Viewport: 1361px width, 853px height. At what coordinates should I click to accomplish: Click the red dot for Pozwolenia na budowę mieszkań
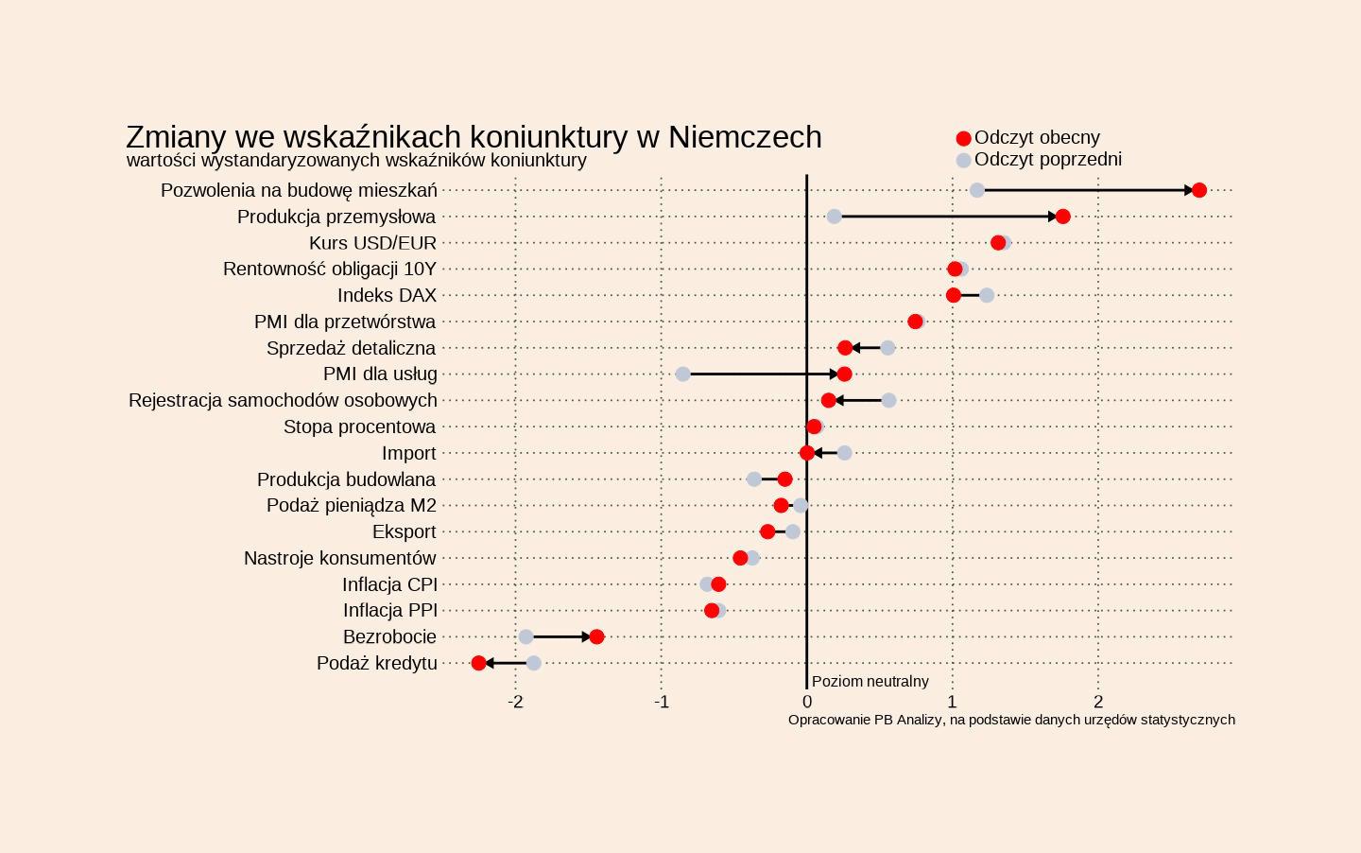(x=1198, y=190)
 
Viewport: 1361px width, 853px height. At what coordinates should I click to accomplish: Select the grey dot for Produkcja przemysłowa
(x=834, y=217)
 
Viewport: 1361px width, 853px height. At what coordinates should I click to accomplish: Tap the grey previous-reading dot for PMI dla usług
(x=682, y=374)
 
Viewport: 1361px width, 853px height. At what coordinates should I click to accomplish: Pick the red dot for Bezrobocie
(x=596, y=636)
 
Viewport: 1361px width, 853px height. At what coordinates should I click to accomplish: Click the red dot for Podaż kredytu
(x=478, y=663)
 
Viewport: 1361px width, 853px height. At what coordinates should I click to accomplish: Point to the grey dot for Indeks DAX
(x=987, y=295)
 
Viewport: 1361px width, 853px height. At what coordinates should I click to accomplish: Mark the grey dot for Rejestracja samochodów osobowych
(x=888, y=400)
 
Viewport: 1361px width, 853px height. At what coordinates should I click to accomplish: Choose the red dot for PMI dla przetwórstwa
(x=915, y=322)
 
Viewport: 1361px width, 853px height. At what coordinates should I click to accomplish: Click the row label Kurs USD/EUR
(x=372, y=243)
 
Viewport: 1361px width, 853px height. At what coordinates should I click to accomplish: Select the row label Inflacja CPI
(x=389, y=584)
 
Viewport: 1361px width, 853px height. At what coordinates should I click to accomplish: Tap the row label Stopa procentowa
(x=359, y=426)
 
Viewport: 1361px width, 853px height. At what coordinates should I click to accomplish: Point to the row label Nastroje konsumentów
(x=339, y=558)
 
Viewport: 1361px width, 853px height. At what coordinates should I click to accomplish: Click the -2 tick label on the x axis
(x=515, y=702)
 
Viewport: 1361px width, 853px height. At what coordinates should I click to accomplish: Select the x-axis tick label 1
(x=952, y=702)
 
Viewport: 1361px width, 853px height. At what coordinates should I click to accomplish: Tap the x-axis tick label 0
(x=806, y=702)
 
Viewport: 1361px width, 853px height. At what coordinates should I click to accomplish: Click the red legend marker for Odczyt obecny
(x=963, y=138)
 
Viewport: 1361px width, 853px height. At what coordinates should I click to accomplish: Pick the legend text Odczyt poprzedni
(x=1047, y=159)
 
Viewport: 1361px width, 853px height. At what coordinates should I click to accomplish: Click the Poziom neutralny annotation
(x=870, y=681)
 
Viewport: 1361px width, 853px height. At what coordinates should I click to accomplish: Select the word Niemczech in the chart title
(x=745, y=137)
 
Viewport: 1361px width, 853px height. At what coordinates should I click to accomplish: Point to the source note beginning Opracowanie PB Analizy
(x=1011, y=720)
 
